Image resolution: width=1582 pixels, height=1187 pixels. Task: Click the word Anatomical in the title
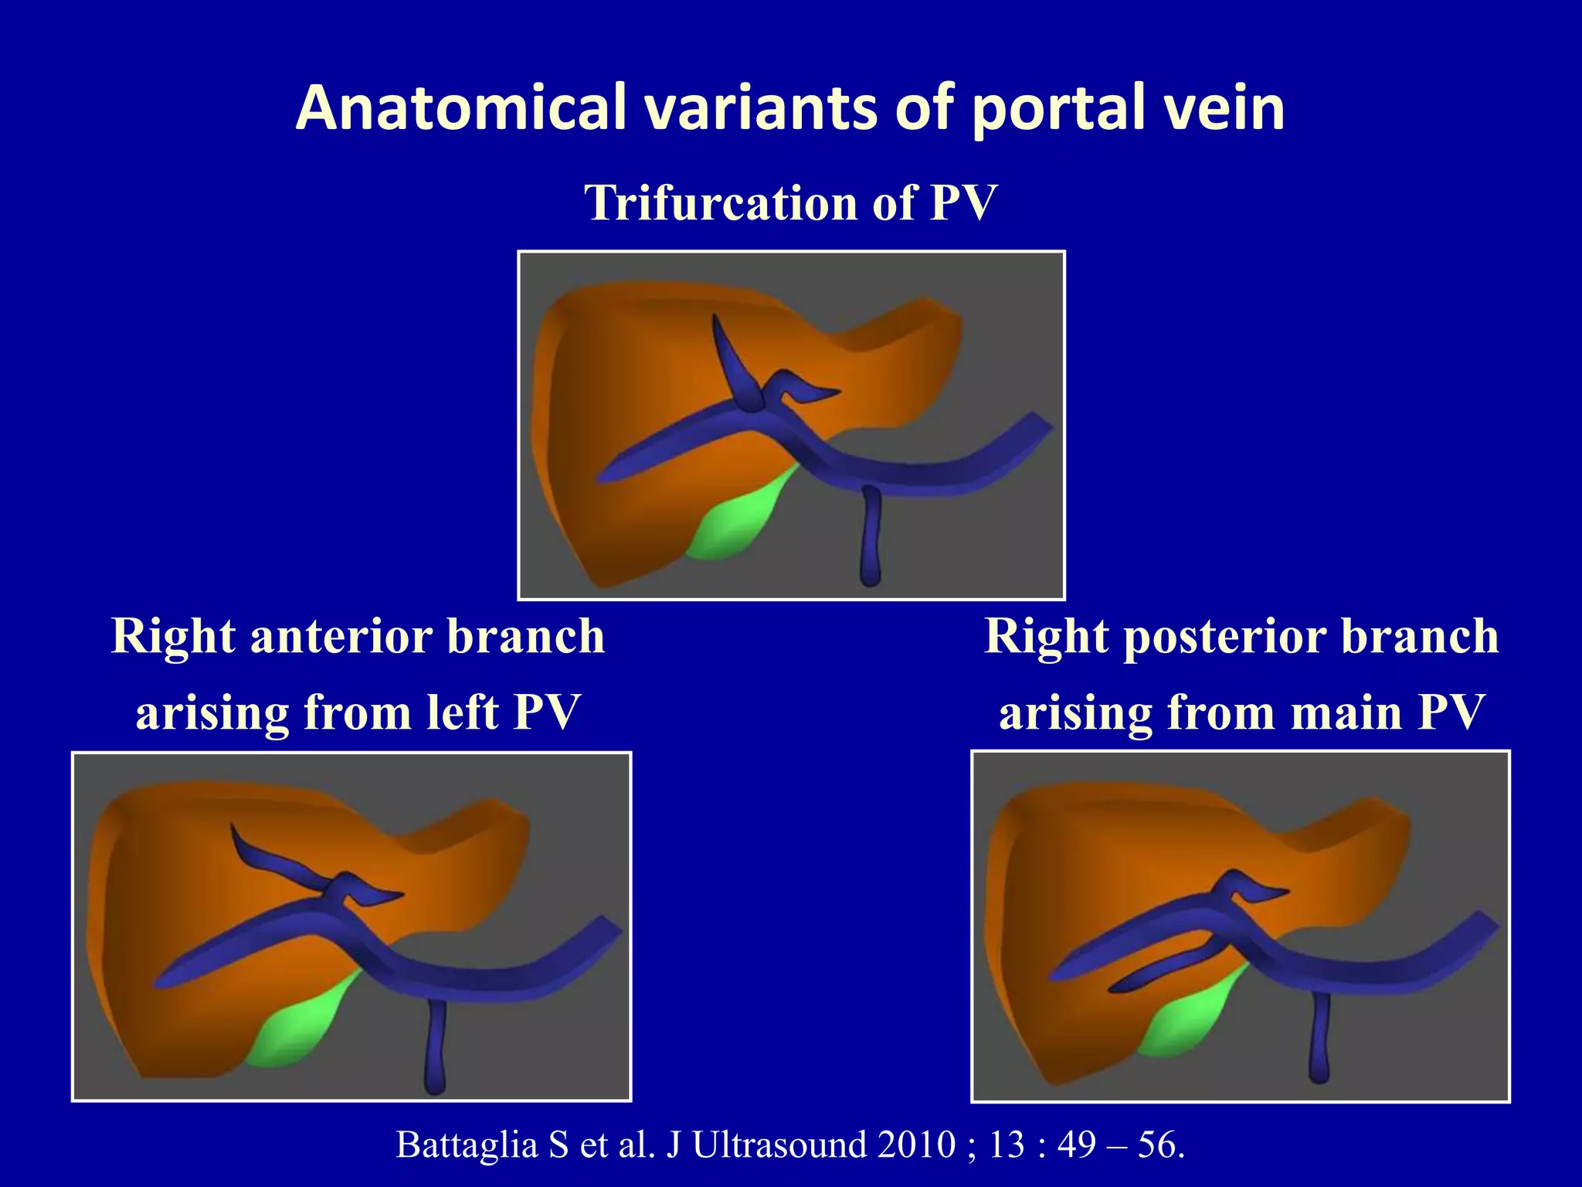[x=460, y=107]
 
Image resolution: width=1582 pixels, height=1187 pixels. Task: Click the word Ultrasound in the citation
[x=779, y=1144]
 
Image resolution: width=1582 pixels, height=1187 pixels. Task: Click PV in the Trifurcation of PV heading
[x=962, y=202]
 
